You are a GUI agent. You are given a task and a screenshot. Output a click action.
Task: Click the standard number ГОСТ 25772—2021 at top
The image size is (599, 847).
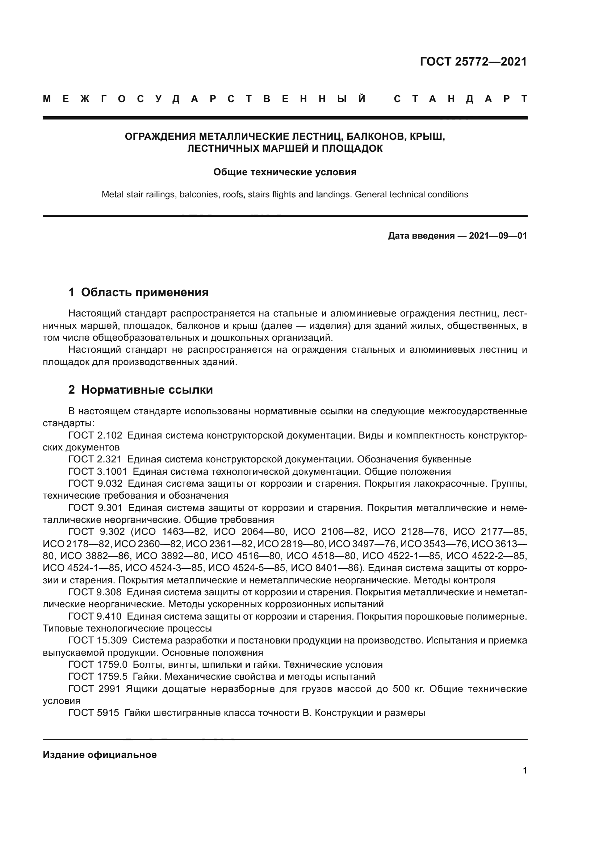473,62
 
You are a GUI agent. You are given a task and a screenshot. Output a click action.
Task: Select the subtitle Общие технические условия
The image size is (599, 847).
285,172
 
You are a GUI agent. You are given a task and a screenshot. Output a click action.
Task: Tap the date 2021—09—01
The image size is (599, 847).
498,236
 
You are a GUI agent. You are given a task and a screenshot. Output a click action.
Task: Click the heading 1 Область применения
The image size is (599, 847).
138,293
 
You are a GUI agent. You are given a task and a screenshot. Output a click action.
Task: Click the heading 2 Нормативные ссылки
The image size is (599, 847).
141,390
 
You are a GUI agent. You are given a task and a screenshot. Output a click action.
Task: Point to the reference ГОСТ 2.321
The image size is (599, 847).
95,459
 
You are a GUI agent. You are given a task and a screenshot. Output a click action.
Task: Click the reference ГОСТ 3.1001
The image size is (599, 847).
98,471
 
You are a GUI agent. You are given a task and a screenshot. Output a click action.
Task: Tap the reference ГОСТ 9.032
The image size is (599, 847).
95,484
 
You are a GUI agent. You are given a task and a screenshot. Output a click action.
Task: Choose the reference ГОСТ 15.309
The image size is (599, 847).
98,641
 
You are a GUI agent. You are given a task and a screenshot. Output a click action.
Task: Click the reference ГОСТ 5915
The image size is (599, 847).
94,713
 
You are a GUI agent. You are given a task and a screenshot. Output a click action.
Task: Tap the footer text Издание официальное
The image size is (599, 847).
100,755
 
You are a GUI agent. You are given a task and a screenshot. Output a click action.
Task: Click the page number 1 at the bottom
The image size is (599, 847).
525,771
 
